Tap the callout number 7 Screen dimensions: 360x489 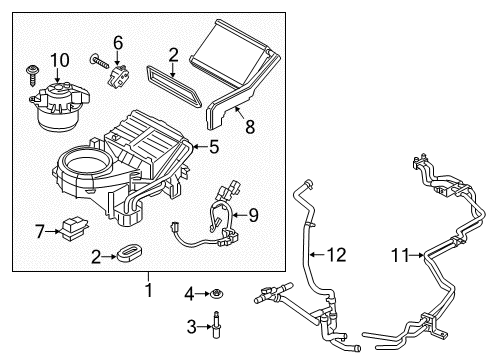(x=40, y=232)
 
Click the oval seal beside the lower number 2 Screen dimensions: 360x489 (x=125, y=256)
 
